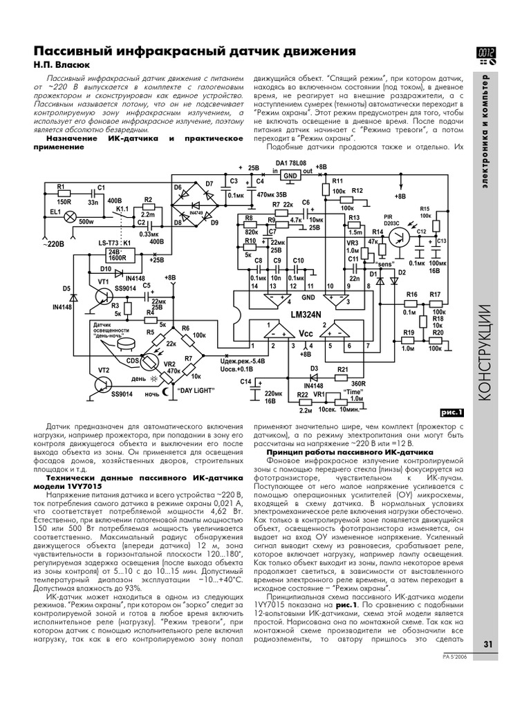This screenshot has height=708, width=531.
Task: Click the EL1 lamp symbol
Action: [69, 216]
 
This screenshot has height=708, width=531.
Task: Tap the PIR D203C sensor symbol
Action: [399, 234]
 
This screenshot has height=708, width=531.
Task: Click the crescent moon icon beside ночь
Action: [166, 392]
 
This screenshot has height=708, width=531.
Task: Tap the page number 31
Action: [488, 644]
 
